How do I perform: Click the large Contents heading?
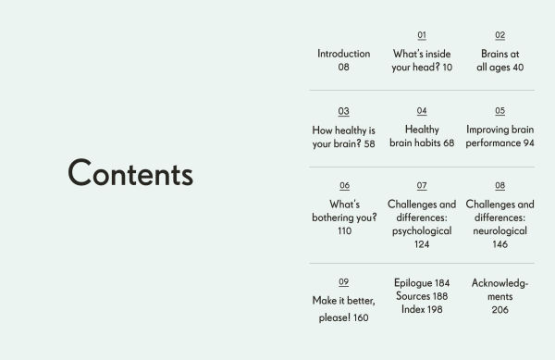130,174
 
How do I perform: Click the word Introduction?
343,54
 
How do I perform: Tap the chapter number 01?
422,35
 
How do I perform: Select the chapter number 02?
499,35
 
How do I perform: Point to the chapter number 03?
343,111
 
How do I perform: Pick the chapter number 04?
422,111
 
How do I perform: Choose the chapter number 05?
499,111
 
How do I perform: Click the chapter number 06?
344,185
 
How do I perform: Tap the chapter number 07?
422,185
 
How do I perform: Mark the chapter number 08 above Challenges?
499,185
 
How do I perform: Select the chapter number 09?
343,281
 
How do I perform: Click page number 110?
344,231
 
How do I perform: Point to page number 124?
422,245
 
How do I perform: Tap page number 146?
499,245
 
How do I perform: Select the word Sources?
413,296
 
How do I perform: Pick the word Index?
413,309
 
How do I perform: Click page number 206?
499,310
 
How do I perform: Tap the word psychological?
422,231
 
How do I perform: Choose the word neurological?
499,231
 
